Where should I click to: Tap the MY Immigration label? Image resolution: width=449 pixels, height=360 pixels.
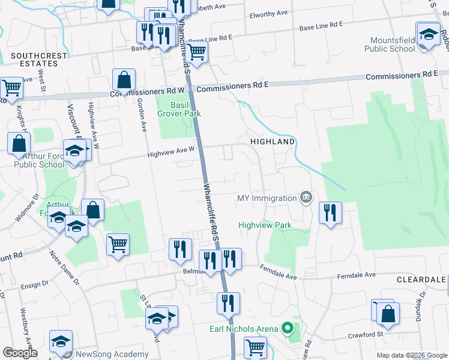pos(267,198)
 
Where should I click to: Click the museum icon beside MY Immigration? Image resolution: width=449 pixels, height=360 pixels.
pos(306,197)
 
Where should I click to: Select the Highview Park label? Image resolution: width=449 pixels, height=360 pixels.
pos(265,225)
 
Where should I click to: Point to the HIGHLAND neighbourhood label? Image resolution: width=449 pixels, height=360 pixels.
pos(273,142)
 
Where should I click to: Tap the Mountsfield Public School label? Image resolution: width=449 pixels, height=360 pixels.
pos(389,44)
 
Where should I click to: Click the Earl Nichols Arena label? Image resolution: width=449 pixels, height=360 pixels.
pos(244,329)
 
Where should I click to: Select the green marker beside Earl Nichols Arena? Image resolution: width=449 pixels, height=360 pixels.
pos(287,328)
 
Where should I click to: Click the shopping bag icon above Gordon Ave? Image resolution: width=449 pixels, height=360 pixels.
pos(124,80)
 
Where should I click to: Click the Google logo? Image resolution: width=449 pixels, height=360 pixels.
pos(20,353)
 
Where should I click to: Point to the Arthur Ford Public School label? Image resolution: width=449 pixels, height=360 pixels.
pos(39,160)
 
